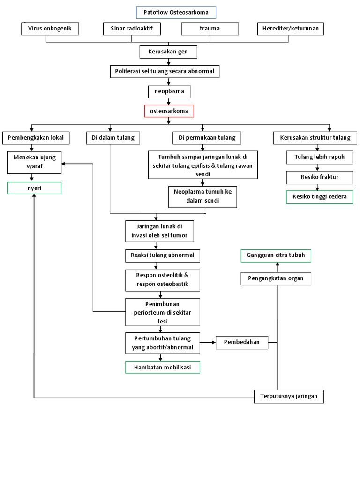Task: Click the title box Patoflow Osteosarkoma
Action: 169,12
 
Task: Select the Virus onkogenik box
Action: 50,29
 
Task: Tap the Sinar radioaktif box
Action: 132,29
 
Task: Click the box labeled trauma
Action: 210,29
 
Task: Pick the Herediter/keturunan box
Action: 291,29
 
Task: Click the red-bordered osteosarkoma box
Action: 169,111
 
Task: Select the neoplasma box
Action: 169,91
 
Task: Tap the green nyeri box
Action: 34,188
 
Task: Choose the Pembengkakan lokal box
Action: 36,138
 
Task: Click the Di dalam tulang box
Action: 110,138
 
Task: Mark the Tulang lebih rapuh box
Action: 319,157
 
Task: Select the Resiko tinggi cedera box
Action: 320,197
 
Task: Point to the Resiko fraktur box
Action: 320,177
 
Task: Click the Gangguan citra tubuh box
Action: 276,255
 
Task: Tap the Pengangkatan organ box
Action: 276,278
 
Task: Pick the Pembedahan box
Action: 241,342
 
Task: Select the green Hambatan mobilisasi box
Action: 163,367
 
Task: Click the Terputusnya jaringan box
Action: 289,396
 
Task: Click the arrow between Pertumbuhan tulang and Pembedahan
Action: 208,342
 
